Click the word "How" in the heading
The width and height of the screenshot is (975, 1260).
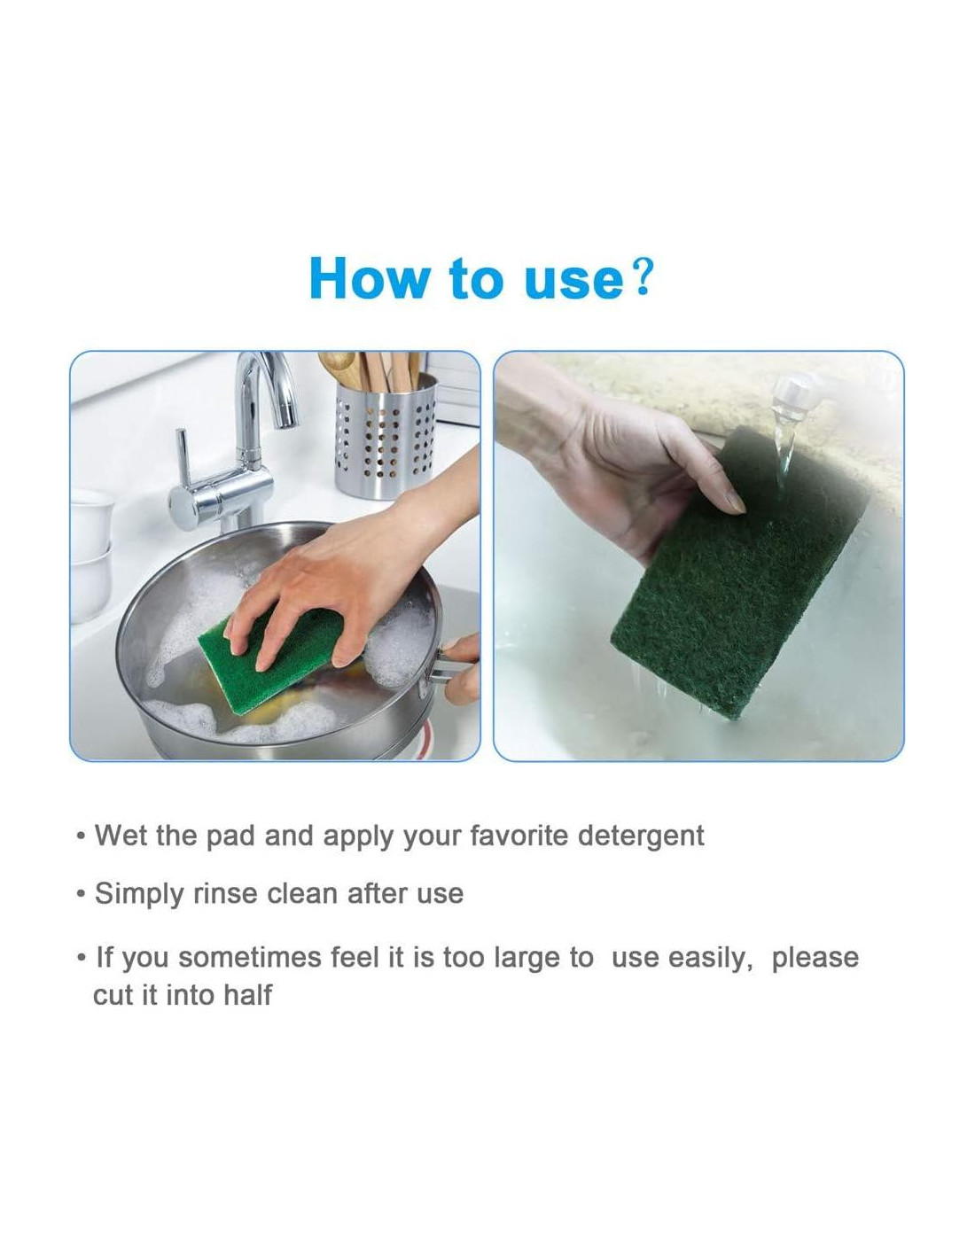[x=367, y=278]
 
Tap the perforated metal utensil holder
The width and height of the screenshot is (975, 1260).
[x=386, y=437]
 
